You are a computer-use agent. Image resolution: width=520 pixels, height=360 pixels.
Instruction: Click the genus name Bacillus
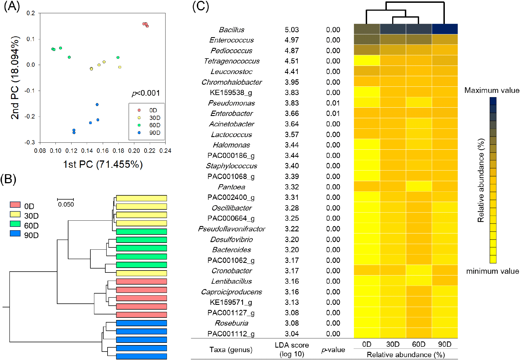pyautogui.click(x=231, y=30)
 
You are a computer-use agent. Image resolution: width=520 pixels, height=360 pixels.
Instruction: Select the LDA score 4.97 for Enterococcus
pyautogui.click(x=291, y=40)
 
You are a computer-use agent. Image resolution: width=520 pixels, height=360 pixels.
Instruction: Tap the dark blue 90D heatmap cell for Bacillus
pyautogui.click(x=445, y=29)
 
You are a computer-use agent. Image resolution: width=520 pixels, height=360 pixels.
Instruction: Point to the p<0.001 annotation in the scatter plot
pyautogui.click(x=146, y=93)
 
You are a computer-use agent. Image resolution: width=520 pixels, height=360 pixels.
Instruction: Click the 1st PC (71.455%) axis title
pyautogui.click(x=103, y=164)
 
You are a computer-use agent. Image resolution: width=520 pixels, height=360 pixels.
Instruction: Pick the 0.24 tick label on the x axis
pyautogui.click(x=165, y=151)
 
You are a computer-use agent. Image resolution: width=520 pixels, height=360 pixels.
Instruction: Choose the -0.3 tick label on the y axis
pyautogui.click(x=30, y=142)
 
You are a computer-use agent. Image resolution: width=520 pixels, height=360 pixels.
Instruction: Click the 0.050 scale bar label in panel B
pyautogui.click(x=66, y=205)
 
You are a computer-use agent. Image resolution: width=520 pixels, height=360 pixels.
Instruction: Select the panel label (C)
pyautogui.click(x=200, y=6)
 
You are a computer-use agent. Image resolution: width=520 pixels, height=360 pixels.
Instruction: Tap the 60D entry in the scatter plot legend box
pyautogui.click(x=155, y=125)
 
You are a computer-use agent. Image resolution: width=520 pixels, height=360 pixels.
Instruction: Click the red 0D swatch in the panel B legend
pyautogui.click(x=15, y=205)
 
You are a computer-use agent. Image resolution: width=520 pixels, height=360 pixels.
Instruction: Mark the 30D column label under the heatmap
pyautogui.click(x=393, y=344)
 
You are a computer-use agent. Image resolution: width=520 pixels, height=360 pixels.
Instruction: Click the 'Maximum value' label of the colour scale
pyautogui.click(x=492, y=90)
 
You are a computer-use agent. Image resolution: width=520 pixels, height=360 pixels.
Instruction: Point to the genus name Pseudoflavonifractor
pyautogui.click(x=231, y=229)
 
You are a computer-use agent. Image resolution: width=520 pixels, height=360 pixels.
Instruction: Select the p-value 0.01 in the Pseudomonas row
pyautogui.click(x=333, y=103)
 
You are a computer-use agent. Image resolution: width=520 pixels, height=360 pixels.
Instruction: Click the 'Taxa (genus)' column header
pyautogui.click(x=231, y=350)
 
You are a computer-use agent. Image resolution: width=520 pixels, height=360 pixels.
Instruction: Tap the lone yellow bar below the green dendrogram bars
pyautogui.click(x=141, y=273)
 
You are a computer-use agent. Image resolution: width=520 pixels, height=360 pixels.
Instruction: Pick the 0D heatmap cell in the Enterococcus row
pyautogui.click(x=367, y=39)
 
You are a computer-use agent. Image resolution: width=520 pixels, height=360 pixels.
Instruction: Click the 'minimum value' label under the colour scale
pyautogui.click(x=492, y=271)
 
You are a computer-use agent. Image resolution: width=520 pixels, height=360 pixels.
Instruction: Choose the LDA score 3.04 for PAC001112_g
pyautogui.click(x=291, y=334)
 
